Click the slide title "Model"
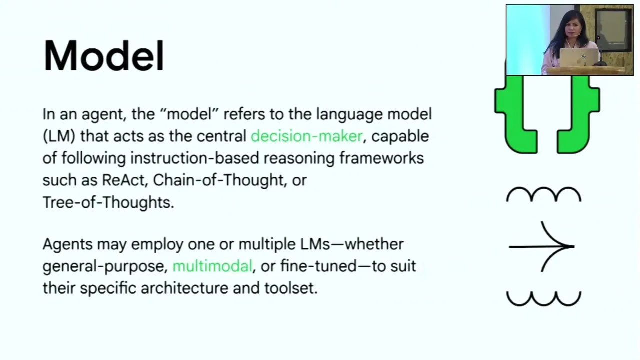(103, 55)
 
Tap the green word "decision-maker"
(307, 136)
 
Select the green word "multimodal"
(212, 266)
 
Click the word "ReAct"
(123, 180)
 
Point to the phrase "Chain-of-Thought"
(218, 180)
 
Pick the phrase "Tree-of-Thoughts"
(108, 202)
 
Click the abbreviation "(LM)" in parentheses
(59, 136)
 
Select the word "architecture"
(184, 288)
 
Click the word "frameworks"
(381, 158)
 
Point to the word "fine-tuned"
(318, 266)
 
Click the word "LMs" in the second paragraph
(315, 244)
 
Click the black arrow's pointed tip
(574, 246)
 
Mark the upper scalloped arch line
(544, 189)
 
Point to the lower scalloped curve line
(544, 304)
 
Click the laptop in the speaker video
(578, 57)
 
